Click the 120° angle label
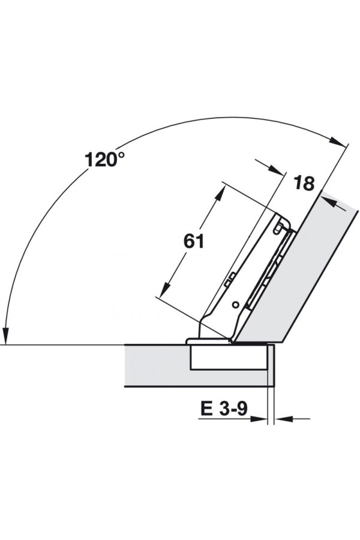click(104, 160)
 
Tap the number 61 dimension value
click(194, 241)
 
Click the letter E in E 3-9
click(206, 409)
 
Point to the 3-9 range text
click(233, 409)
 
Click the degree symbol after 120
click(121, 155)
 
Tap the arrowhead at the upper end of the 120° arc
click(337, 141)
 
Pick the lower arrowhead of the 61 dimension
click(167, 289)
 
